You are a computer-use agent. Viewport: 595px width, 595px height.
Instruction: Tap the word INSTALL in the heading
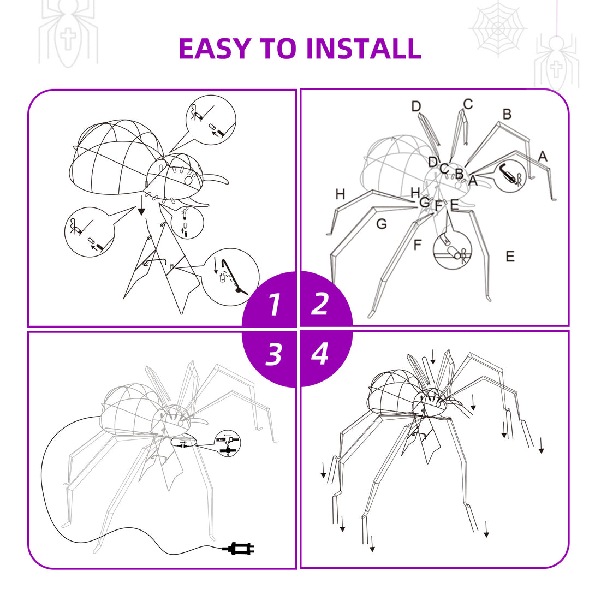364,49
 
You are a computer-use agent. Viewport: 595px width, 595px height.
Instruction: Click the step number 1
275,305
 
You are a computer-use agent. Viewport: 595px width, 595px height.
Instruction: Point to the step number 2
320,305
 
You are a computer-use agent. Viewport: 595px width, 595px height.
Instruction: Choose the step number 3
274,354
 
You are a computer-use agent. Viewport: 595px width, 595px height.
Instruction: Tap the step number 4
320,354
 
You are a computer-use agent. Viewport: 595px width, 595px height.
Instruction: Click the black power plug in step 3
238,548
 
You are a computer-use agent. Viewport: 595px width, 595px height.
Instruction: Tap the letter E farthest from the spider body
510,257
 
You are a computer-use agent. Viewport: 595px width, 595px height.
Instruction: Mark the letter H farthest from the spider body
341,194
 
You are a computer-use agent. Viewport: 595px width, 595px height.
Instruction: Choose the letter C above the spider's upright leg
468,104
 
